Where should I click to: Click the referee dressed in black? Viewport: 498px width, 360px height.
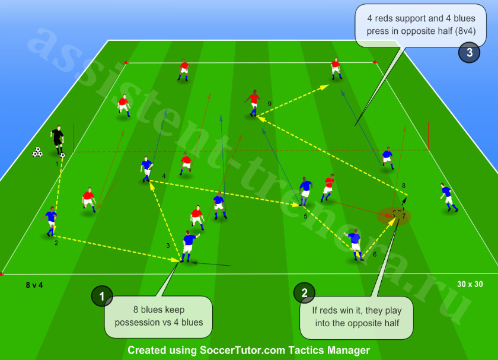58,139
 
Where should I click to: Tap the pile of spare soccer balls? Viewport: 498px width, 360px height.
37,152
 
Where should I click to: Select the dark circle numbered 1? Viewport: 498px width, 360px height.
102,296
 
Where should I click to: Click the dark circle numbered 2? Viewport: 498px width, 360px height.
304,292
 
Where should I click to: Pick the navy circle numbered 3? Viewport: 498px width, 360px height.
469,52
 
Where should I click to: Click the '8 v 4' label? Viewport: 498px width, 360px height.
34,285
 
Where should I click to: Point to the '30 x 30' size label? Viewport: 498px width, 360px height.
470,284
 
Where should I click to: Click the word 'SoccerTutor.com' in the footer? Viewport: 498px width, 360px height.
242,350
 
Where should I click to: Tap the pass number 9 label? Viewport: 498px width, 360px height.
269,104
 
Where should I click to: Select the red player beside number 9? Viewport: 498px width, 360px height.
253,103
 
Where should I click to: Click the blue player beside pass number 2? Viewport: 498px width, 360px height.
50,221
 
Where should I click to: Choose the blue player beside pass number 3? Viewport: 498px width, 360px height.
189,246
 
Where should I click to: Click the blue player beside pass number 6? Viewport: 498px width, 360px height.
355,244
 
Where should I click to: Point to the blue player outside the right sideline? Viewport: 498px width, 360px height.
448,197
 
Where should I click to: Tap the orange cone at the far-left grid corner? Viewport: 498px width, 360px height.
126,62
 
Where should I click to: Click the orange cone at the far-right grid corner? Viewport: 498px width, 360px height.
375,62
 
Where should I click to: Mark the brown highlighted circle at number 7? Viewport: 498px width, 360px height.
394,216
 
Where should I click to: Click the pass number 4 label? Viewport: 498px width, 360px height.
164,176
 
